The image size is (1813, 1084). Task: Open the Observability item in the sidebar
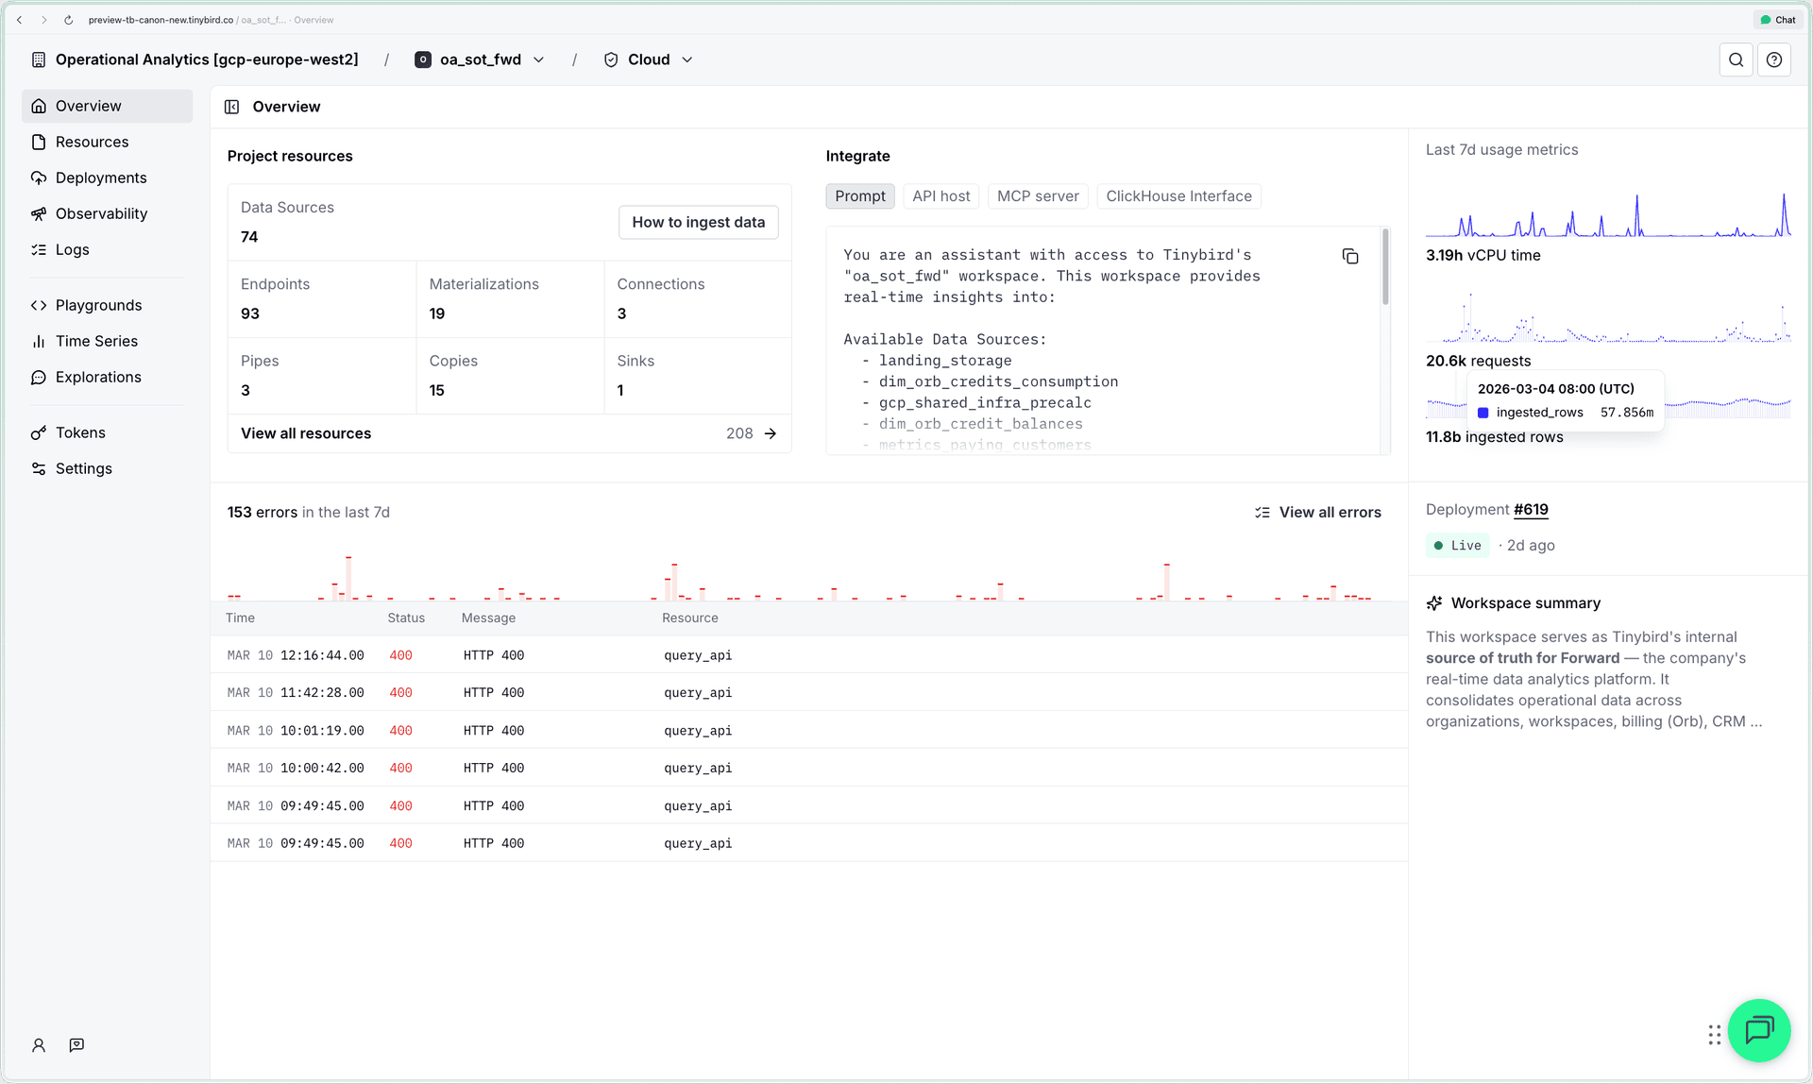tap(101, 213)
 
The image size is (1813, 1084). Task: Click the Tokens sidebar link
tap(80, 432)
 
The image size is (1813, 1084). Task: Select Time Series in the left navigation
tap(96, 341)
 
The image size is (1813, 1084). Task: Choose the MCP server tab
tap(1037, 196)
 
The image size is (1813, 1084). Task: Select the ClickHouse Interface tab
tap(1178, 196)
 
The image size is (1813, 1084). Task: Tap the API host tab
tap(940, 196)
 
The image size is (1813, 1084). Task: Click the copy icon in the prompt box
tap(1350, 257)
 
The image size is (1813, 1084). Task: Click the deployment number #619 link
tap(1531, 510)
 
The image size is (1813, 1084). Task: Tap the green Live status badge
tap(1457, 546)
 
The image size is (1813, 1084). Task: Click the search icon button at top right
tap(1736, 59)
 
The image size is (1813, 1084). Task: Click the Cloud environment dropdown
tap(649, 59)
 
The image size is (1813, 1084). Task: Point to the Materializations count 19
tap(437, 313)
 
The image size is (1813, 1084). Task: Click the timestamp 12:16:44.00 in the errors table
tap(322, 655)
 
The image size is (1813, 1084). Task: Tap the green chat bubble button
tap(1758, 1030)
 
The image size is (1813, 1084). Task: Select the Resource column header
tap(689, 618)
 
